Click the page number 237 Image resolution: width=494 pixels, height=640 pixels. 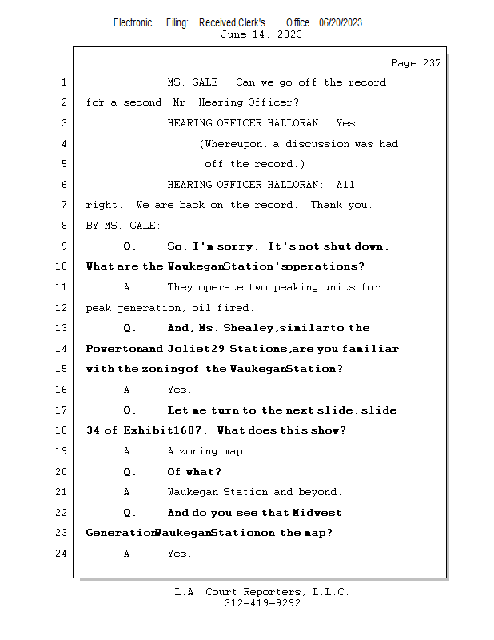click(428, 63)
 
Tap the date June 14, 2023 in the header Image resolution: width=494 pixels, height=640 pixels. click(261, 34)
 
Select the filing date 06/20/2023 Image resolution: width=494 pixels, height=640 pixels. click(341, 22)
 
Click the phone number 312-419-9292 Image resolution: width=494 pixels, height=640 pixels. click(262, 603)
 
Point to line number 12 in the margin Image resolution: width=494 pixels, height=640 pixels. click(63, 308)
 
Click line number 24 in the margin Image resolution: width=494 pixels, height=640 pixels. click(63, 554)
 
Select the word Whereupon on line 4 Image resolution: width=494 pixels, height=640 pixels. click(236, 144)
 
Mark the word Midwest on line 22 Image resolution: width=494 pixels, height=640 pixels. click(317, 513)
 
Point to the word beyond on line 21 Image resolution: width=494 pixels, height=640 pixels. click(319, 492)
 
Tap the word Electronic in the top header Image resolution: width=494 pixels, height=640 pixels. click(133, 22)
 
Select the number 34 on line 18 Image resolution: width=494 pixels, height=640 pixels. click(93, 430)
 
